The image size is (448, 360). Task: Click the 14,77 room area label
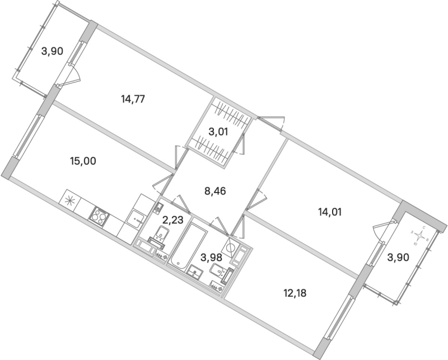coord(133,100)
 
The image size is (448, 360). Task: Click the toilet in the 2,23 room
coord(157,237)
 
